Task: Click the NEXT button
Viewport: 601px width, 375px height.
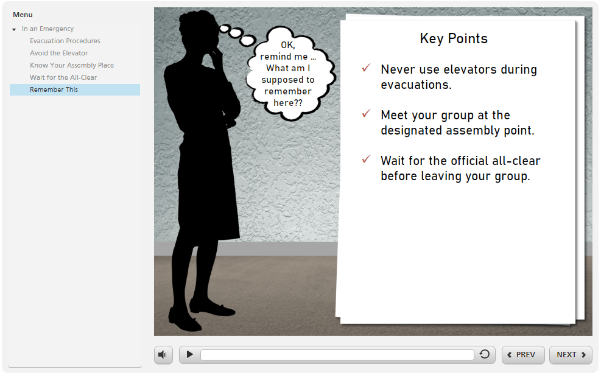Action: pyautogui.click(x=571, y=355)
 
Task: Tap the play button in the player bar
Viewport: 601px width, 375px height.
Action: pyautogui.click(x=190, y=354)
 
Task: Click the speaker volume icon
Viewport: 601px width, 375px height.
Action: pyautogui.click(x=163, y=354)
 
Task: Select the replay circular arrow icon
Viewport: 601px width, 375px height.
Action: pyautogui.click(x=485, y=354)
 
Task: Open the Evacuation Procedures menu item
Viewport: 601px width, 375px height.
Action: pyautogui.click(x=65, y=41)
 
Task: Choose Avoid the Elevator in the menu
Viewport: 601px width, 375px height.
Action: pyautogui.click(x=58, y=53)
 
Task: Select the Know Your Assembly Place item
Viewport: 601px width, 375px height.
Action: pyautogui.click(x=72, y=65)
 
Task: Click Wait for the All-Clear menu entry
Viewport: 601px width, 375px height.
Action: pyautogui.click(x=63, y=77)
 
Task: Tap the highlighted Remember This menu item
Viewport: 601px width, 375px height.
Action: pyautogui.click(x=54, y=89)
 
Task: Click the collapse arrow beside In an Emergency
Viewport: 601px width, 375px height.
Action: pyautogui.click(x=14, y=29)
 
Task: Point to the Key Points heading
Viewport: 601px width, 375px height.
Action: pyautogui.click(x=454, y=38)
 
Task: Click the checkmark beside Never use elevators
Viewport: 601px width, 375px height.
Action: pyautogui.click(x=366, y=68)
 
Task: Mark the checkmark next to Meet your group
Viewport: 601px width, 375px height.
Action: pyautogui.click(x=366, y=114)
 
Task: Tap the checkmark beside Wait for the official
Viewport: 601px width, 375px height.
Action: pyautogui.click(x=366, y=159)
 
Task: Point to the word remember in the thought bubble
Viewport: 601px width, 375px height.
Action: pyautogui.click(x=288, y=91)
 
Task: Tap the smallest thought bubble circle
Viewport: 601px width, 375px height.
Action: pyautogui.click(x=223, y=28)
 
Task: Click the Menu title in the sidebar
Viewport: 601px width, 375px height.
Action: pyautogui.click(x=23, y=15)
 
